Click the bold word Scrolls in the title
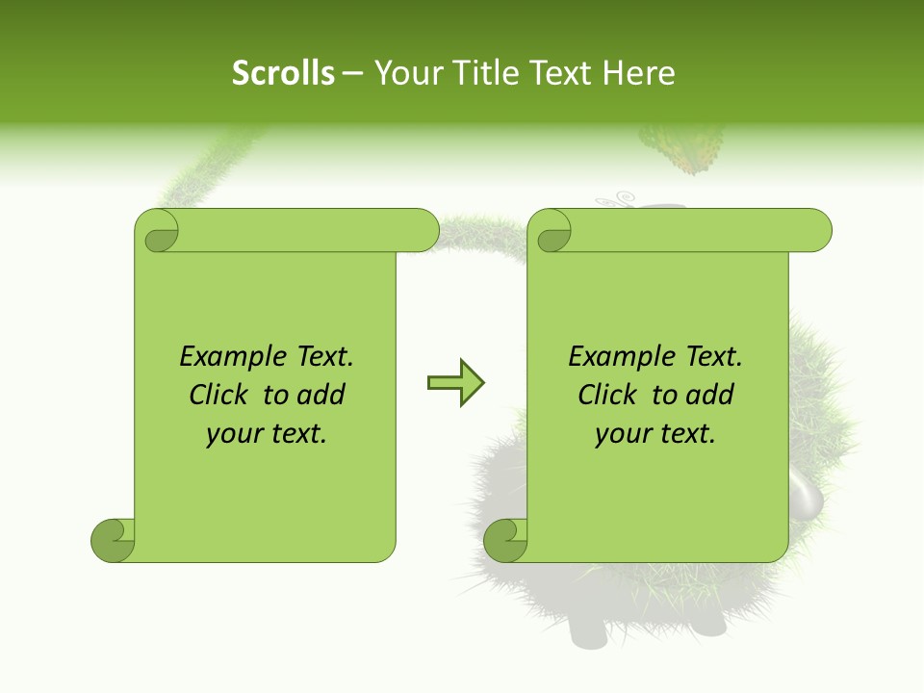coord(283,73)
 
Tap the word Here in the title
coord(638,73)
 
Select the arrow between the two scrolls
coord(456,383)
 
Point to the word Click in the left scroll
coord(220,395)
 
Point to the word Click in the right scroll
coord(609,395)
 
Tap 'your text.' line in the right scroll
coord(655,434)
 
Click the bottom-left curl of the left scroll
coord(114,540)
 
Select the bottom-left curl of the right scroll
coord(506,540)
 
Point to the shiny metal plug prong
coord(806,497)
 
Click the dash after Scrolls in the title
coord(353,74)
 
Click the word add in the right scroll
coord(711,395)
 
